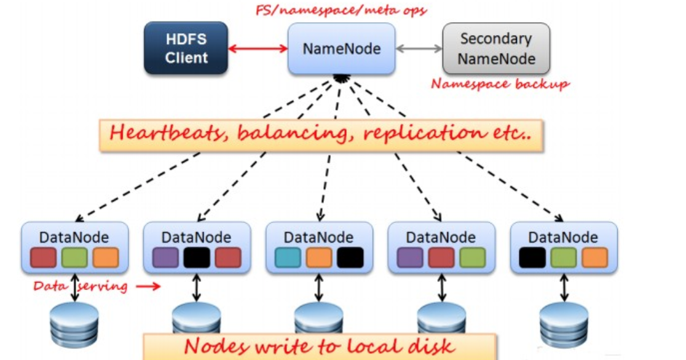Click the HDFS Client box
186,49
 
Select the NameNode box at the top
341,49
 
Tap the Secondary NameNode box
496,49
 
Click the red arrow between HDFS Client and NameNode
258,49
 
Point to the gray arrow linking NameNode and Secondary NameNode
419,49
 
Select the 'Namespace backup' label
499,84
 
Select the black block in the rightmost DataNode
532,258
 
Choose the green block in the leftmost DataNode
74,258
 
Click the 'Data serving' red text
80,286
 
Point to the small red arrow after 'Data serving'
148,286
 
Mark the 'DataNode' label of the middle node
318,237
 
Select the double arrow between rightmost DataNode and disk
563,288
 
